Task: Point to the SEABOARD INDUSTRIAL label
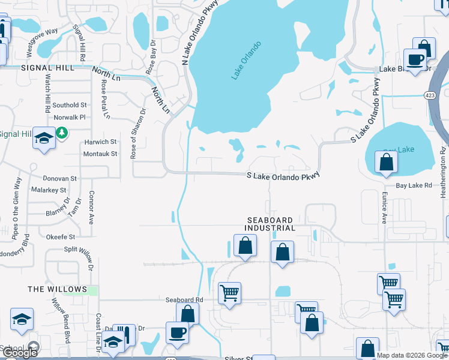pos(270,224)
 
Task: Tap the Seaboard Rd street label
pos(185,299)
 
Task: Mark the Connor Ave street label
pos(92,208)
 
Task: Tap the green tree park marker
pos(62,131)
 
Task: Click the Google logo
pos(20,353)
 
